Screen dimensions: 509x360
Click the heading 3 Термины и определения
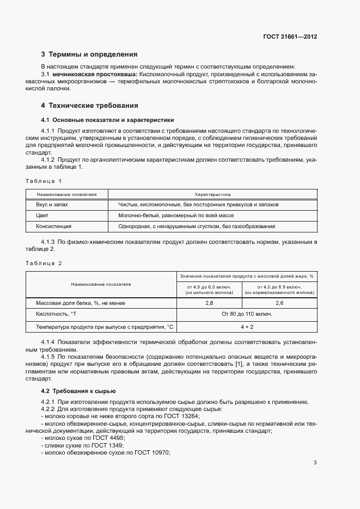89,54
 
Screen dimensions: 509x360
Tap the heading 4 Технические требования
90,105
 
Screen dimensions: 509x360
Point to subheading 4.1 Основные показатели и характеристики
107,120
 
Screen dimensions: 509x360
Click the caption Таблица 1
44,180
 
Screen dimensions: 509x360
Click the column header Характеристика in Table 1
212,194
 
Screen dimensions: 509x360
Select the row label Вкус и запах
52,205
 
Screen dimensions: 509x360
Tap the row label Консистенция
54,226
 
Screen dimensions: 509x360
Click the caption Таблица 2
44,263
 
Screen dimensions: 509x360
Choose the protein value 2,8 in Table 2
209,302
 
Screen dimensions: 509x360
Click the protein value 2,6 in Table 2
279,302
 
